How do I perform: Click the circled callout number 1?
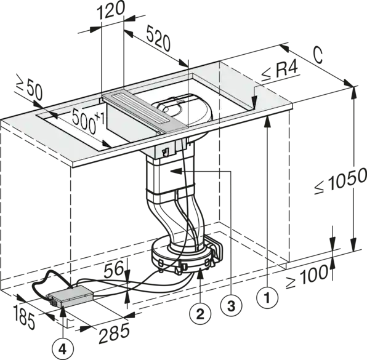(267, 298)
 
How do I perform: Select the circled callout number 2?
(200, 314)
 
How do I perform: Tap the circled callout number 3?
(232, 305)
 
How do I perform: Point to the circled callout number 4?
(63, 350)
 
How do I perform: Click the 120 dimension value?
(110, 11)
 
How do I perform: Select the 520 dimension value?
(158, 39)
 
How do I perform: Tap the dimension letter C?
(318, 56)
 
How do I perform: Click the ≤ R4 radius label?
(280, 70)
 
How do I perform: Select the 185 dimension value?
(24, 317)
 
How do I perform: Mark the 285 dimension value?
(114, 333)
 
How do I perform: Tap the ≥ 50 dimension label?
(30, 88)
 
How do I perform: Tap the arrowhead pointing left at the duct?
(176, 172)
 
